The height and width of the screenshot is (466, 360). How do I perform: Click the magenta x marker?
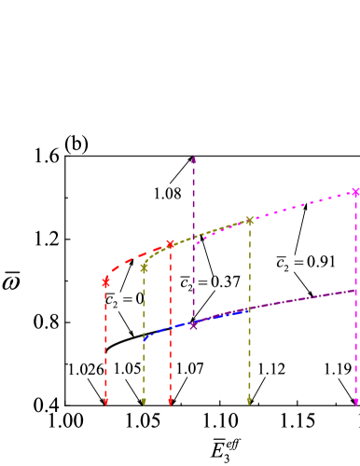point(355,192)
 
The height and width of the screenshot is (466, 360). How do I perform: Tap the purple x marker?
point(193,325)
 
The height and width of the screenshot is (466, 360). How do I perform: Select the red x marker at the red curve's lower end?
point(105,281)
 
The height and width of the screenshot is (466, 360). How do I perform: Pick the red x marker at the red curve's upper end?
point(170,244)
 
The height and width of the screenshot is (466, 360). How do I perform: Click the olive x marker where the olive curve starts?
point(144,267)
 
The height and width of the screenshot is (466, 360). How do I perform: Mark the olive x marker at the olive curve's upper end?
point(249,221)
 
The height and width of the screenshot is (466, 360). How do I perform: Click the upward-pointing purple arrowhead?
point(193,158)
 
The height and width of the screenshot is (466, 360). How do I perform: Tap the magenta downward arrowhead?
point(355,403)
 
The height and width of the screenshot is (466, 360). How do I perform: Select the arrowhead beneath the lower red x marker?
point(105,403)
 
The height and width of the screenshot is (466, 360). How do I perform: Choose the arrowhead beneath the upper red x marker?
point(170,403)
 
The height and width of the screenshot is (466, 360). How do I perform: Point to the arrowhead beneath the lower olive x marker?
point(144,403)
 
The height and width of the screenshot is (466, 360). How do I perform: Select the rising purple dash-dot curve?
point(298,299)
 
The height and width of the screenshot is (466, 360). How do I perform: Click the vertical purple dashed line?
point(193,242)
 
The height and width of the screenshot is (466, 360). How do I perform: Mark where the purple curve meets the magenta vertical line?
point(355,290)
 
